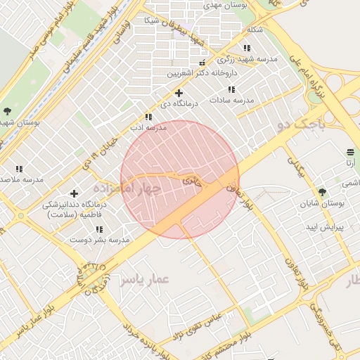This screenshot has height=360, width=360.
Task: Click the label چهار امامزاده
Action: coord(127,188)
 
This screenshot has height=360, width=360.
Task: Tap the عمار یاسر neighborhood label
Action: coord(145,280)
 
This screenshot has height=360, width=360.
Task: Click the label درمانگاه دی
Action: coord(180,103)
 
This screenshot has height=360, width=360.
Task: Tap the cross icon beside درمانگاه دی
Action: coord(179,93)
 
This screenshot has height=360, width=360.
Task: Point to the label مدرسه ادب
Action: coord(148,127)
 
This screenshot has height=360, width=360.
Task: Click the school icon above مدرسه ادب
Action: coord(148,117)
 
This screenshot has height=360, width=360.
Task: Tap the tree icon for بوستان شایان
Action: coord(322,192)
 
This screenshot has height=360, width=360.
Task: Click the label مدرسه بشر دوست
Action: coord(99,240)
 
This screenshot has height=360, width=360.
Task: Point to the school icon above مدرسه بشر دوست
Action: coord(98,229)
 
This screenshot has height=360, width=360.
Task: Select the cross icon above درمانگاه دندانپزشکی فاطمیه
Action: coord(74,193)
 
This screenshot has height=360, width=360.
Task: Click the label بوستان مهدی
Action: coord(223,5)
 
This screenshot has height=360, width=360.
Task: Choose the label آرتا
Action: coord(350,163)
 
